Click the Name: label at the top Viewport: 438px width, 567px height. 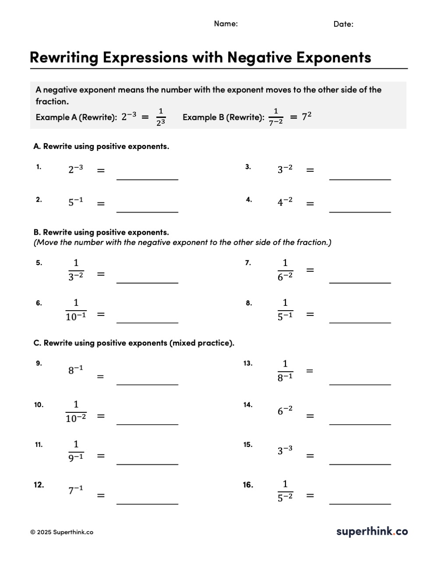tap(226, 24)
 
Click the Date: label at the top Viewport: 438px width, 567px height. tap(343, 24)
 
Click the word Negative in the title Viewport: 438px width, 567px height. tap(260, 57)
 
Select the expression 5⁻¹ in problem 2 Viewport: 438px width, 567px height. tap(75, 202)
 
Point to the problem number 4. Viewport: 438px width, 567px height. tap(249, 200)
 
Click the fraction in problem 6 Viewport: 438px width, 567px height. tap(76, 310)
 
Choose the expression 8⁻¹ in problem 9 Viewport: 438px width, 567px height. tap(75, 370)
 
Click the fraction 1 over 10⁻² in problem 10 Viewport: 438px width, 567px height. tap(76, 411)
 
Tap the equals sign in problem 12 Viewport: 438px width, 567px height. tap(101, 496)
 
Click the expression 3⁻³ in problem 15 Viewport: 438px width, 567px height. tap(285, 450)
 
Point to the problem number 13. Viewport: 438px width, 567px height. tap(248, 363)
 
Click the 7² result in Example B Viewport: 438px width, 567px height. tap(307, 117)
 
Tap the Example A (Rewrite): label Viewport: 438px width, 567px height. tap(76, 117)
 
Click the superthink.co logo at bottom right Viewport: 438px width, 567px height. tap(372, 532)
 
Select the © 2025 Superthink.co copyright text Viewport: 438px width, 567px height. tap(62, 532)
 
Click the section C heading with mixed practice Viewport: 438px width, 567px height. tap(134, 343)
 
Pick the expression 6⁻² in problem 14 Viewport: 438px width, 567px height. tap(285, 411)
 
